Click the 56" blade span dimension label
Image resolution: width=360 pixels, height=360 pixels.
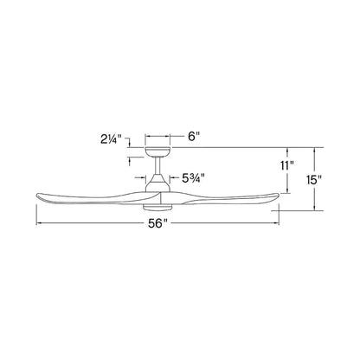click(157, 223)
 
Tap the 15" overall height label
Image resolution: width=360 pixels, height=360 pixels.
click(314, 180)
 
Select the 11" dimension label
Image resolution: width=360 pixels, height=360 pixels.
click(287, 166)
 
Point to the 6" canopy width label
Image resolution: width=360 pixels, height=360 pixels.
click(194, 136)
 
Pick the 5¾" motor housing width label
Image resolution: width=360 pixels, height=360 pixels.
click(193, 178)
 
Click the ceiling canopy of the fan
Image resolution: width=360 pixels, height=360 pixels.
click(157, 151)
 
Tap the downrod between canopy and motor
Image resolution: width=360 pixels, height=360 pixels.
click(157, 165)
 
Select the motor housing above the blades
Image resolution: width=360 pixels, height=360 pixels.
click(157, 183)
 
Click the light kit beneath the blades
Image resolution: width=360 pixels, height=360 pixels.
click(157, 208)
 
